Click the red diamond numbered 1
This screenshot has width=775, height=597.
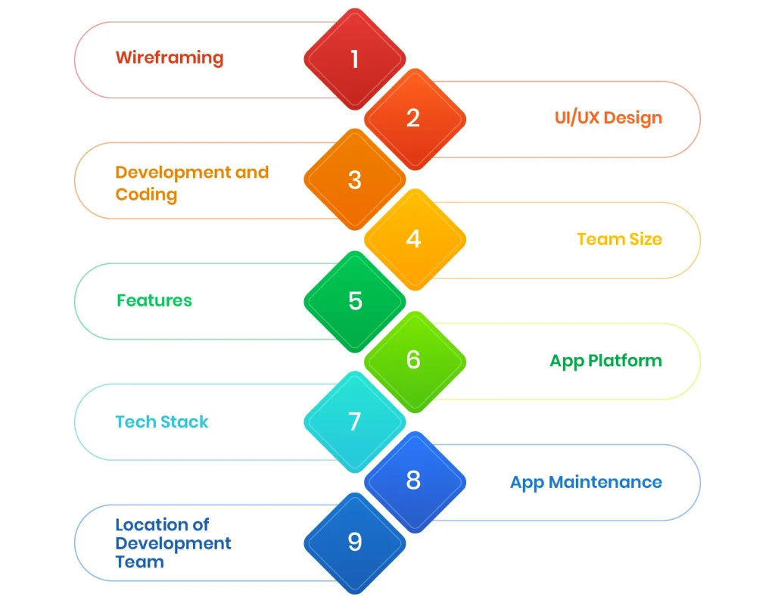coord(354,59)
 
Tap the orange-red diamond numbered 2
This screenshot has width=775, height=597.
coord(414,119)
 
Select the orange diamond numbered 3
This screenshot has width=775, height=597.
coord(354,180)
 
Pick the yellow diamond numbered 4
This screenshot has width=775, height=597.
coord(414,239)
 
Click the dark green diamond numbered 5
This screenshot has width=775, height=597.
coord(354,301)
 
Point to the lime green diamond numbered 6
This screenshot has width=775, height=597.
coord(414,360)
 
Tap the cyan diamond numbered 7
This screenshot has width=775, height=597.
coord(354,421)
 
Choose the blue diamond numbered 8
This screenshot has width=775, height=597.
coord(414,480)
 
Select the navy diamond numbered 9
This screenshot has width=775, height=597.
coord(354,542)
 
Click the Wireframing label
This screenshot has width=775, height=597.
coord(169,58)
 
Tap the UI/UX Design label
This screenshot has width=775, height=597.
coord(608,119)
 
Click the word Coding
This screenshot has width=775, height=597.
coord(146,194)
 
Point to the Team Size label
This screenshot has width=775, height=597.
coord(619,240)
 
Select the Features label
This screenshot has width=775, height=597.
coord(154,300)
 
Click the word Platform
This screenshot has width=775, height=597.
coord(626,361)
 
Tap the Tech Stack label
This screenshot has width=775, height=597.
coord(161,422)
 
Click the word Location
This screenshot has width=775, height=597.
coord(151,524)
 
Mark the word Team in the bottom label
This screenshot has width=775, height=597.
coord(139,562)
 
